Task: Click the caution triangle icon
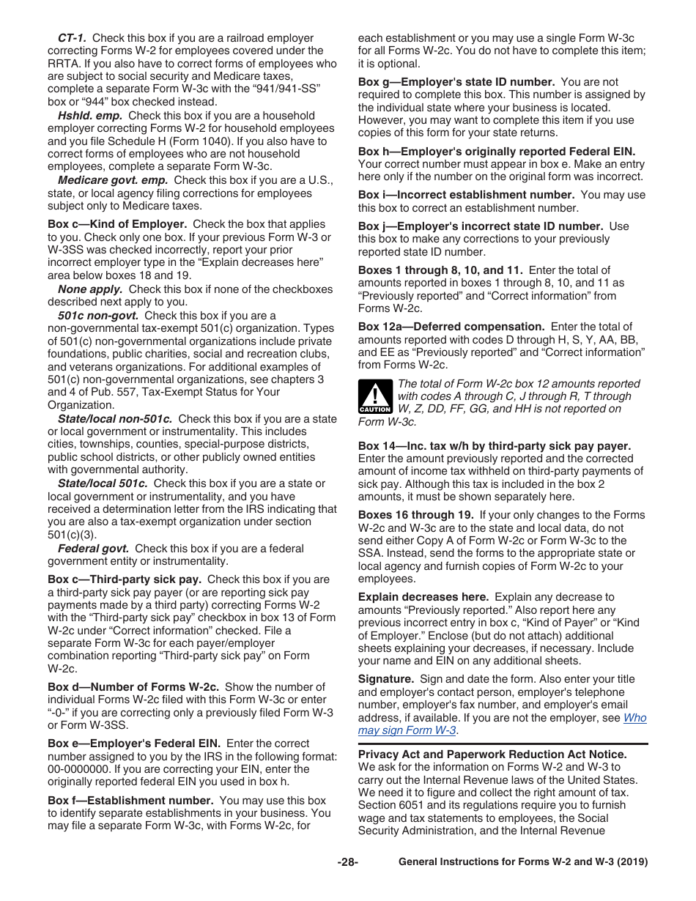pos(375,397)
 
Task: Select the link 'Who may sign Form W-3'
pos(502,724)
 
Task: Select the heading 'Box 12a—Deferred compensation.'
pos(451,326)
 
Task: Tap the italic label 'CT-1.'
pos(73,38)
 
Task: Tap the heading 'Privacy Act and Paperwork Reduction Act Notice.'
pos(492,754)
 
